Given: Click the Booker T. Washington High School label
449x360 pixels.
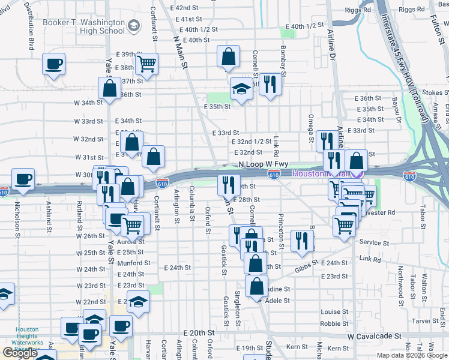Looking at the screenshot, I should point(84,26).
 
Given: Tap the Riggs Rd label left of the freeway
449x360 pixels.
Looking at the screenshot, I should point(357,10).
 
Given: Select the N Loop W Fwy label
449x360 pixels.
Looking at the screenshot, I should point(264,164).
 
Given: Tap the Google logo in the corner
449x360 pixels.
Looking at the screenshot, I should point(20,353).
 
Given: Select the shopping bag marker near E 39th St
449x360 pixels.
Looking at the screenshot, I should point(229,58).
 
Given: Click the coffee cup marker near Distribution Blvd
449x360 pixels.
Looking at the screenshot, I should point(53,64).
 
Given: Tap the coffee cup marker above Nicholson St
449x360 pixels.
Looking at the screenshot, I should point(23,180).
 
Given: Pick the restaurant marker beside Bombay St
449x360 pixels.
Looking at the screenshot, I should point(270,85).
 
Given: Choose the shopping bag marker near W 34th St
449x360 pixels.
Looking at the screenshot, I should point(110,88).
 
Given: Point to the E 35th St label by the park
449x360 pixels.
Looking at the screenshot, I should point(217,107).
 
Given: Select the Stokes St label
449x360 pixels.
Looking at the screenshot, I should point(435,93).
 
